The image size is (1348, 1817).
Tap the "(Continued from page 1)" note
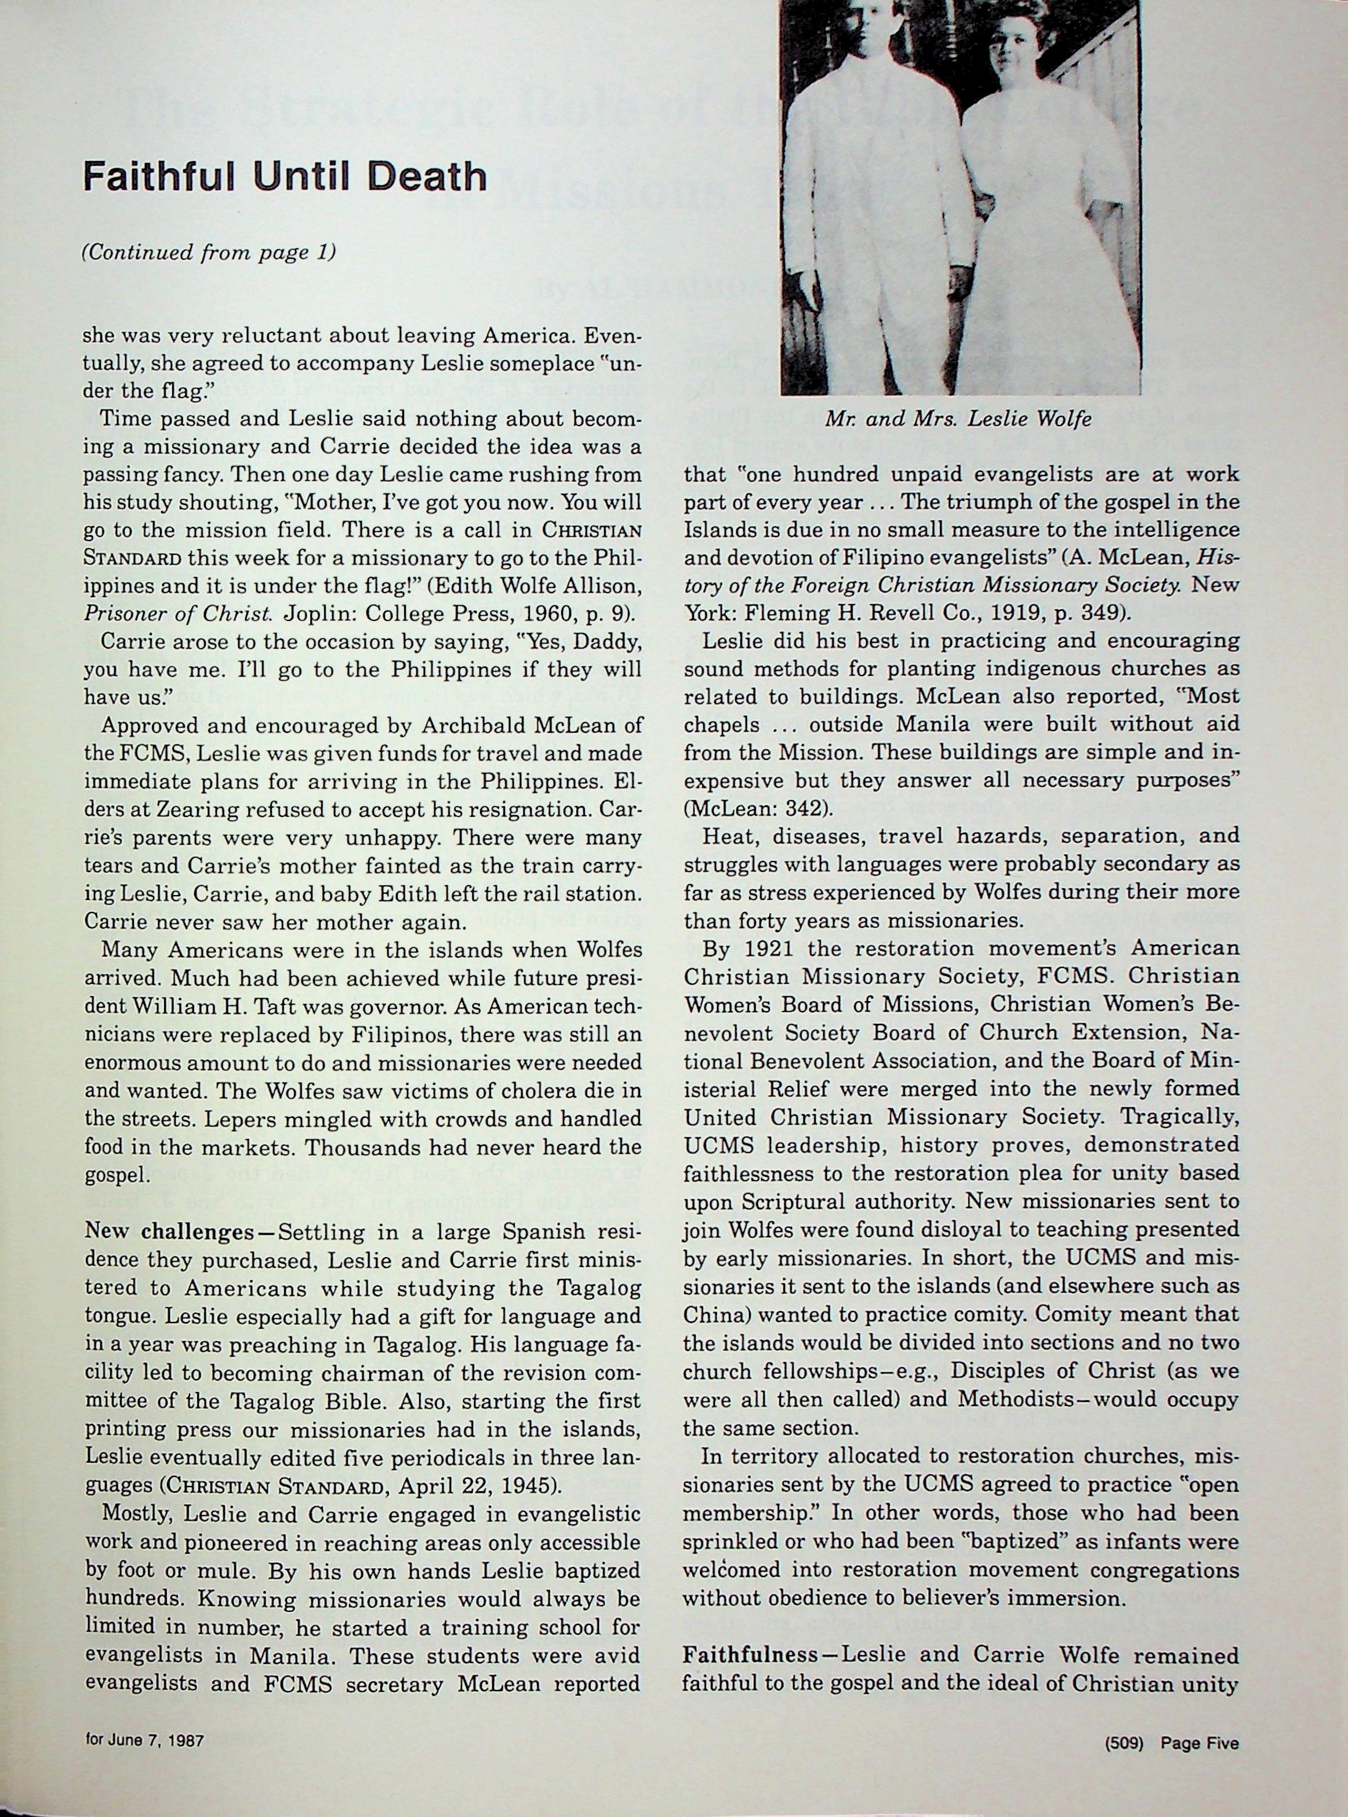point(209,253)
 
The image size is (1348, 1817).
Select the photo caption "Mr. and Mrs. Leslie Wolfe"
point(958,419)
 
